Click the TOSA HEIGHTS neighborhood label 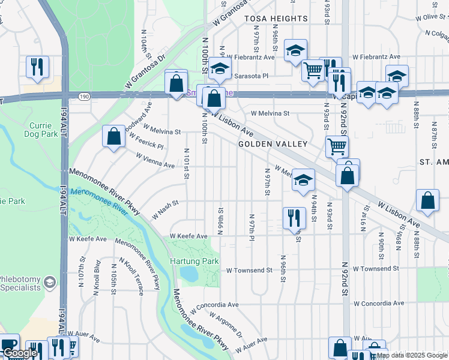pos(276,19)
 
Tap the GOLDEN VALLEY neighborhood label pos(273,144)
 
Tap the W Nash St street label pos(166,209)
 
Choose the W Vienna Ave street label pos(155,160)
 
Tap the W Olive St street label pos(424,16)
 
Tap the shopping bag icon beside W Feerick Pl pos(113,136)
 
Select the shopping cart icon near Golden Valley pos(337,146)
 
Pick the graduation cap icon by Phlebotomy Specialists pos(50,282)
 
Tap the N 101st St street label pos(187,163)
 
